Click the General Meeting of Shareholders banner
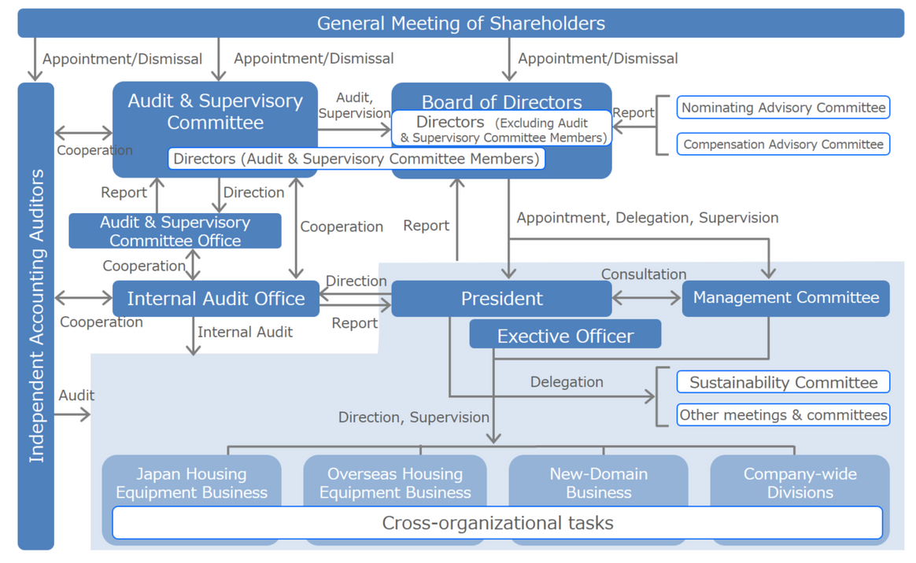460,24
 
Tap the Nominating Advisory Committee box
783,108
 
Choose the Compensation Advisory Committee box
783,145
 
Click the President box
501,299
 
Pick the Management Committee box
785,298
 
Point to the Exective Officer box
565,336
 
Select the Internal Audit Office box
216,299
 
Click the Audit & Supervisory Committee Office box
175,231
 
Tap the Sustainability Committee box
783,383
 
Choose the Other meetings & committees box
783,415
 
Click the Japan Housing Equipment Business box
191,483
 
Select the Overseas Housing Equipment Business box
395,483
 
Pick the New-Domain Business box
598,483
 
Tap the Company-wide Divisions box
800,483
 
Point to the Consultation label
644,274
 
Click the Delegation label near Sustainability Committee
567,382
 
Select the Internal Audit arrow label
245,333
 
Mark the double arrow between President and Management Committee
646,298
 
